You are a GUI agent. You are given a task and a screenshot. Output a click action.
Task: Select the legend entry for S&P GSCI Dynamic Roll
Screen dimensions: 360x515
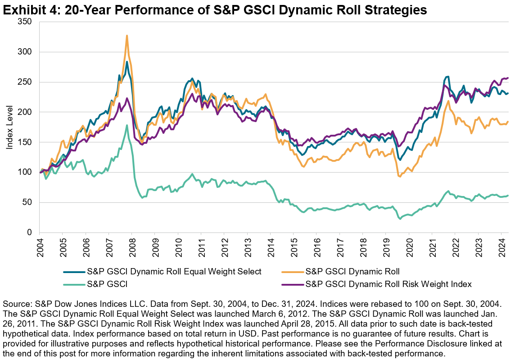[352, 272]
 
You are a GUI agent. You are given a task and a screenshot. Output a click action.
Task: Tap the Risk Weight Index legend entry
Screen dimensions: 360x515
[389, 284]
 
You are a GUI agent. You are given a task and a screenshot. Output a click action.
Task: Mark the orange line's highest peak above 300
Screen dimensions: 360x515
[127, 35]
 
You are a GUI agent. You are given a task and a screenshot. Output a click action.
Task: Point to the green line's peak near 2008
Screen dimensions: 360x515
[127, 125]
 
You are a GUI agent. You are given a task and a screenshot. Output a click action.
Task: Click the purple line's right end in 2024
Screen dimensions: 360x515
[508, 78]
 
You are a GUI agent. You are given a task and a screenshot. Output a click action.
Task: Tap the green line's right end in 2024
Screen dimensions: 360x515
[508, 196]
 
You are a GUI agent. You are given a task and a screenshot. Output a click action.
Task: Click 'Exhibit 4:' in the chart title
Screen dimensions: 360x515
[31, 11]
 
